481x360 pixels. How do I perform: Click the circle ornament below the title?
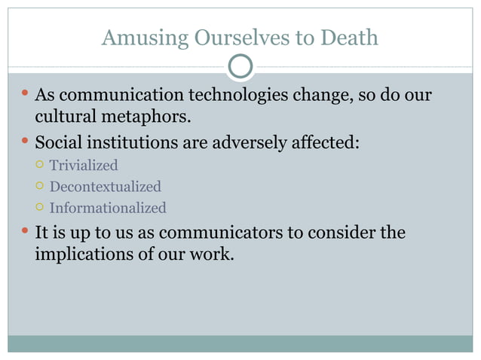pos(240,67)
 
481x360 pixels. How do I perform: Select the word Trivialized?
pos(84,165)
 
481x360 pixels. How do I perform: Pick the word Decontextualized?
pos(106,186)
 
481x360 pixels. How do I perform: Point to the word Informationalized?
pos(108,208)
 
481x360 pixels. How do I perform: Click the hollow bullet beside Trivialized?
pos(38,165)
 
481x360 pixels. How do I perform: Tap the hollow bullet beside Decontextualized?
pos(38,186)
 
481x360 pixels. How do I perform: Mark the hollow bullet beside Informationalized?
pos(38,208)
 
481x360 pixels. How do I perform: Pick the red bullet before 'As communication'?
pos(24,95)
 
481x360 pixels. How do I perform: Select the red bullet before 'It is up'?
pos(24,231)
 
